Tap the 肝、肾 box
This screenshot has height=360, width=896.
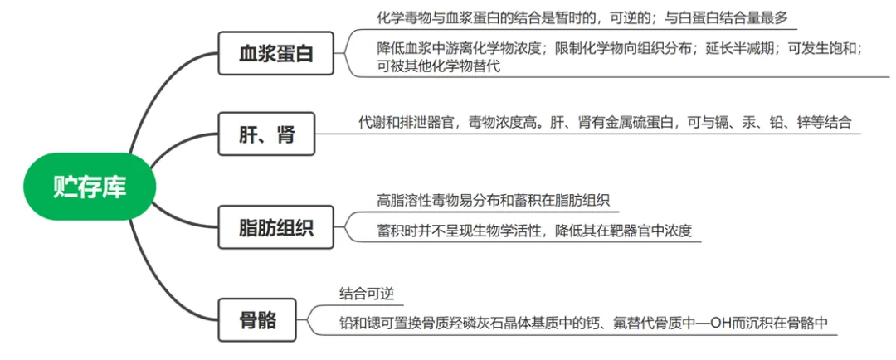[266, 134]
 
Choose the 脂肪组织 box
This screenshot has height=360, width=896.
[275, 226]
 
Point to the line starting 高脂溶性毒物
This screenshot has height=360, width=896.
[494, 201]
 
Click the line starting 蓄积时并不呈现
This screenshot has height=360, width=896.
[534, 231]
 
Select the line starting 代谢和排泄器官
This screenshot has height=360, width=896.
[605, 123]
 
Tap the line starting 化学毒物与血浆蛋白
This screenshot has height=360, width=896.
[582, 17]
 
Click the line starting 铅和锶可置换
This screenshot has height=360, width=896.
[584, 323]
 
